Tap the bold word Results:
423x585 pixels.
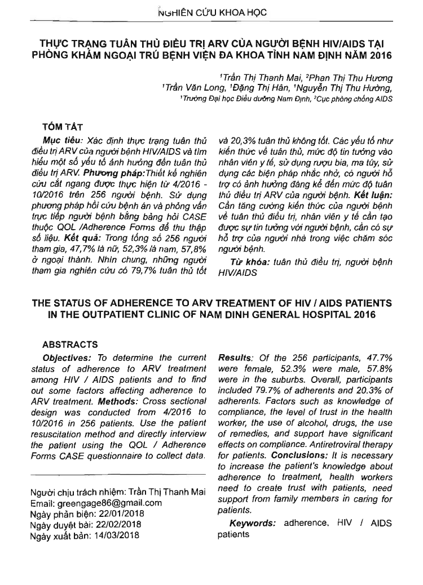(x=235, y=358)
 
